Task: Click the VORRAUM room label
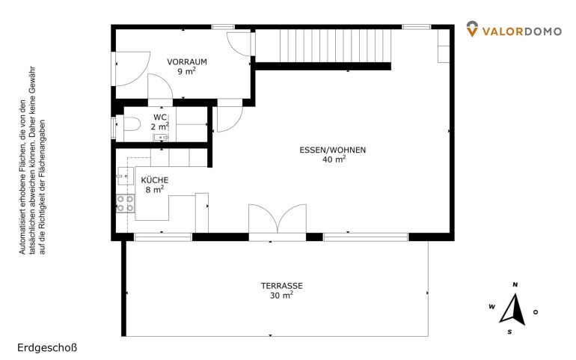[x=187, y=62]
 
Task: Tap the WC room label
[x=160, y=118]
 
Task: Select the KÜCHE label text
[x=155, y=180]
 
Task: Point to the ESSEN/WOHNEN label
[x=333, y=150]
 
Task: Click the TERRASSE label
[x=282, y=286]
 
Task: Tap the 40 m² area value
[x=334, y=159]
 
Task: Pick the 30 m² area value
[x=281, y=295]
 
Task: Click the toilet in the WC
[x=132, y=124]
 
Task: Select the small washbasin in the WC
[x=161, y=138]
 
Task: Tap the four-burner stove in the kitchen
[x=125, y=204]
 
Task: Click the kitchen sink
[x=125, y=177]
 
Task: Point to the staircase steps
[x=335, y=46]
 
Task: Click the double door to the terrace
[x=278, y=219]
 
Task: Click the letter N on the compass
[x=515, y=284]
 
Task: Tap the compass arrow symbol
[x=513, y=310]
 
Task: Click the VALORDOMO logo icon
[x=472, y=29]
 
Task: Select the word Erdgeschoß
[x=47, y=348]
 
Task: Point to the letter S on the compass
[x=509, y=332]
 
